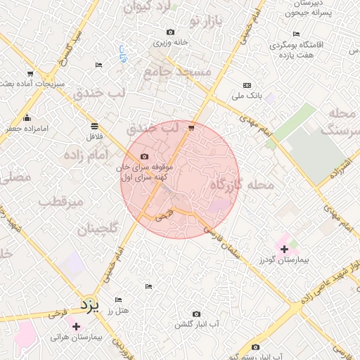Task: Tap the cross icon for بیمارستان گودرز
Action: [284, 249]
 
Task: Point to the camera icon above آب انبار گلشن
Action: [196, 314]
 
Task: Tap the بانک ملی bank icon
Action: [247, 85]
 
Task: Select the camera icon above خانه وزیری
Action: [171, 32]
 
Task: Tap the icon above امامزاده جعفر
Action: [27, 117]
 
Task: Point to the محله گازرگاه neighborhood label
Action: [241, 185]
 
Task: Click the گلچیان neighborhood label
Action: [95, 229]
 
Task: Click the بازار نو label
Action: [205, 24]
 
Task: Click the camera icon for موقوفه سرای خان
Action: [144, 156]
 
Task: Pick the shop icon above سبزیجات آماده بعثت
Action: [30, 74]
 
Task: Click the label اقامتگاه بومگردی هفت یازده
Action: [306, 49]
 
